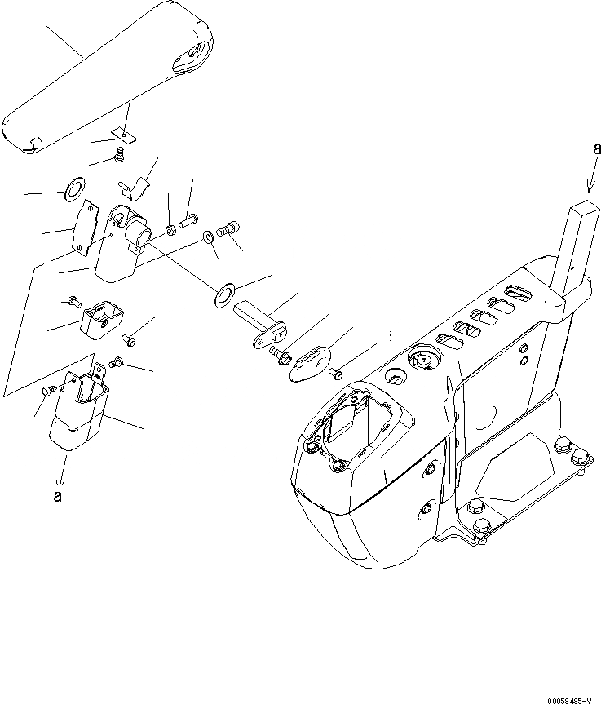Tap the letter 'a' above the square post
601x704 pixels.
597,148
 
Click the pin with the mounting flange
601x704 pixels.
261,322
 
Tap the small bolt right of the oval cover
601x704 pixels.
336,374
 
